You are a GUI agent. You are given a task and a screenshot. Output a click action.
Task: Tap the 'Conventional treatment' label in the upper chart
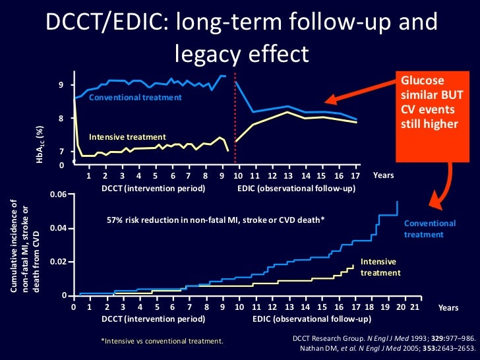pyautogui.click(x=135, y=98)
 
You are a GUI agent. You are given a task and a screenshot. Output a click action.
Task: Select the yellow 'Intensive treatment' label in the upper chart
pyautogui.click(x=123, y=137)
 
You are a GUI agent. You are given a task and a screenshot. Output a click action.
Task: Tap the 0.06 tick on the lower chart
pyautogui.click(x=59, y=195)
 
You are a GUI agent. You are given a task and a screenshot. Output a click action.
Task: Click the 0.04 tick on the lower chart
pyautogui.click(x=59, y=228)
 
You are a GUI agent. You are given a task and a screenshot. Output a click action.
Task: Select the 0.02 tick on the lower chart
pyautogui.click(x=59, y=262)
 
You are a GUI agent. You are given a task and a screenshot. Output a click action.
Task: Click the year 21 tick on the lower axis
pyautogui.click(x=414, y=307)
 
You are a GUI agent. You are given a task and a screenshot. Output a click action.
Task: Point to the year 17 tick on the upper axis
pyautogui.click(x=357, y=177)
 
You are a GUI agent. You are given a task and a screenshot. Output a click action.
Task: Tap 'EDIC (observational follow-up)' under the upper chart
pyautogui.click(x=296, y=189)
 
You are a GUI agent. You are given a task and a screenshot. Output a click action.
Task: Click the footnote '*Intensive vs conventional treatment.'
pyautogui.click(x=162, y=341)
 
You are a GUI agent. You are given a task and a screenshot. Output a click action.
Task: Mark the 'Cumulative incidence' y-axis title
pyautogui.click(x=24, y=245)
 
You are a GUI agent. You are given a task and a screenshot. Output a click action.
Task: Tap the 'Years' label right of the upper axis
pyautogui.click(x=383, y=176)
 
